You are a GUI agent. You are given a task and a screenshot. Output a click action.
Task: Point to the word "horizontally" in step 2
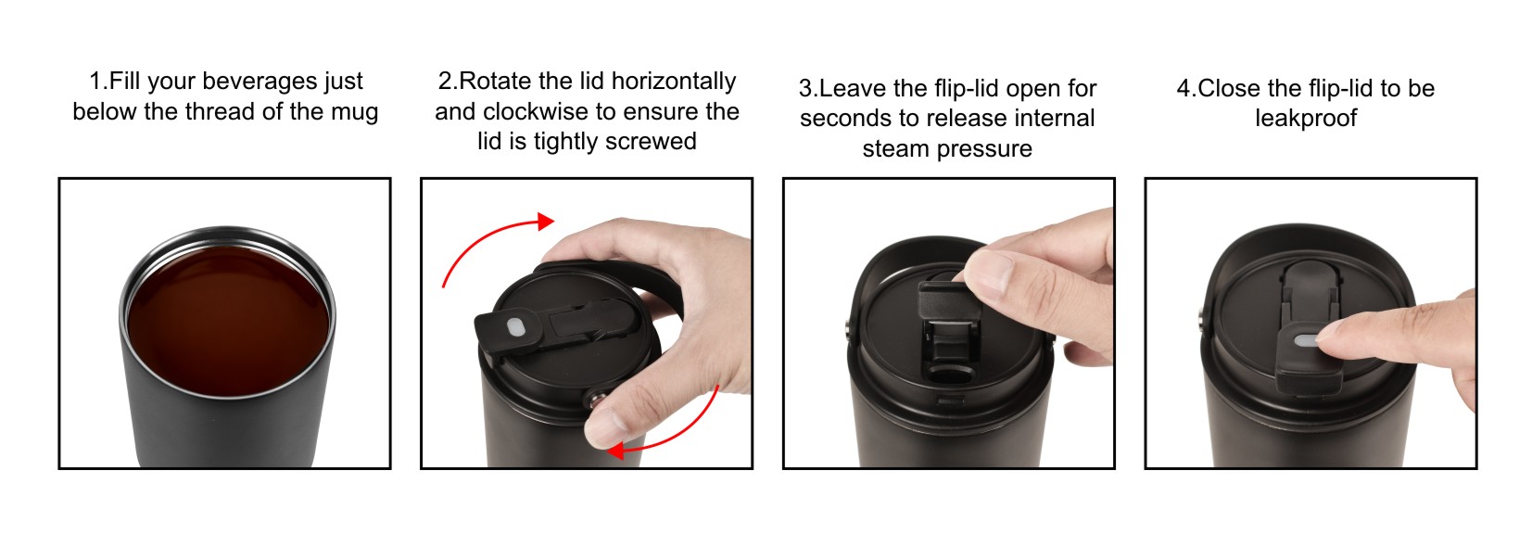(x=674, y=82)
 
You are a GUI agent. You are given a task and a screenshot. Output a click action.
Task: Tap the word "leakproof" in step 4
(x=1306, y=119)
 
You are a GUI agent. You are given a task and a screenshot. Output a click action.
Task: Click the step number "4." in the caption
(x=1185, y=89)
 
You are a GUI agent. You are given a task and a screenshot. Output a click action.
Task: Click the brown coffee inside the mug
(x=228, y=320)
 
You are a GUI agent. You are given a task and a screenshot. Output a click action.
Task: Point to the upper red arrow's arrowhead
(x=545, y=221)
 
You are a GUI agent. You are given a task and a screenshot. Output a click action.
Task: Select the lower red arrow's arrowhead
(x=615, y=451)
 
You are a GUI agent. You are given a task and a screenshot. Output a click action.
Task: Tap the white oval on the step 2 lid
(x=514, y=328)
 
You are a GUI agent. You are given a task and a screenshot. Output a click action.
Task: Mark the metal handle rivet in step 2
(x=597, y=399)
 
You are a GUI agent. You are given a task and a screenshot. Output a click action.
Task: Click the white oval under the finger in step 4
(x=1306, y=340)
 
